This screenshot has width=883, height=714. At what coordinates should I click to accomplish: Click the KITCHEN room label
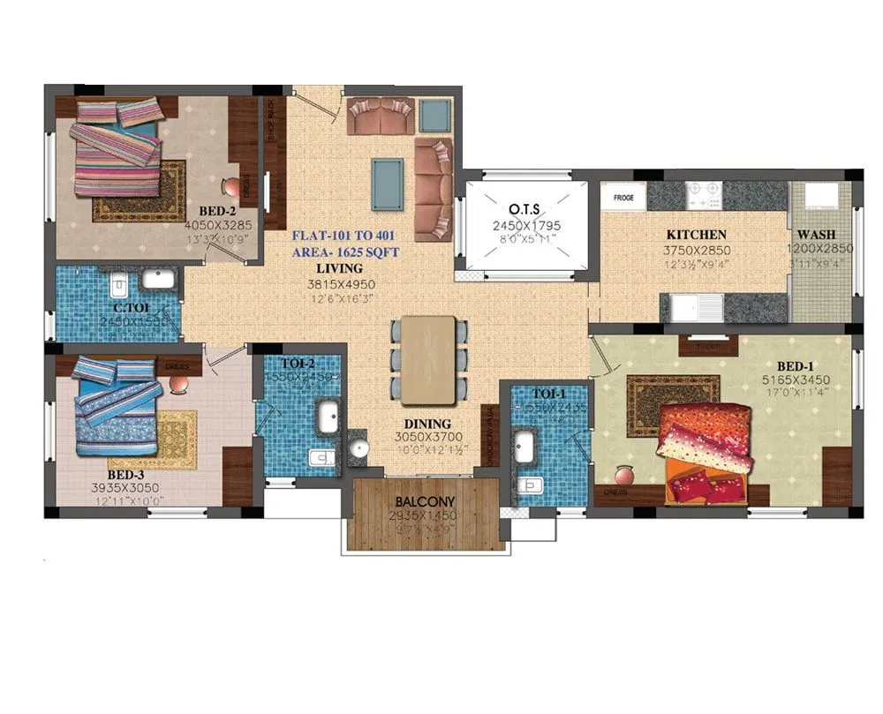pos(697,235)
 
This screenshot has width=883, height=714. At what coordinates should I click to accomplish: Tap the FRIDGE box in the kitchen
pos(623,197)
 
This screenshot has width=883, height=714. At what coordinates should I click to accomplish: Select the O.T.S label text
pos(525,209)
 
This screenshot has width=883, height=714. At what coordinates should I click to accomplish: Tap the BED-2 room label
pos(216,212)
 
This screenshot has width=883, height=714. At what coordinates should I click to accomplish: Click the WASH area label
pos(820,235)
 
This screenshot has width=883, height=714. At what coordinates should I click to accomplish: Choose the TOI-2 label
pos(295,363)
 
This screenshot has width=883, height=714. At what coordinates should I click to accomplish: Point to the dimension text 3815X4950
pos(341,284)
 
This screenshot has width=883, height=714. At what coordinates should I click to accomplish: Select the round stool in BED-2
pos(231,187)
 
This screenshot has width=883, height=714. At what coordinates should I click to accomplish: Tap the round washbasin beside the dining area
pos(358,447)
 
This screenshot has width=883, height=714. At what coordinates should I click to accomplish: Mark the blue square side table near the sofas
pos(433,115)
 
